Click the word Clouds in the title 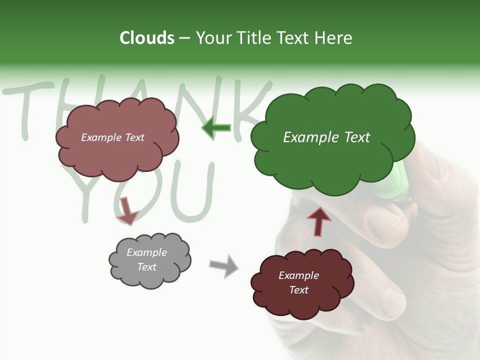[x=147, y=38]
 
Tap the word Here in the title [x=333, y=38]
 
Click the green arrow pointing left [x=216, y=128]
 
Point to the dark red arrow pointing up [x=318, y=221]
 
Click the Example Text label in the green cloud [x=326, y=137]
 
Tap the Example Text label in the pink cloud [x=112, y=137]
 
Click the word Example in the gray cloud [x=146, y=252]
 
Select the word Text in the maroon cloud [x=298, y=290]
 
